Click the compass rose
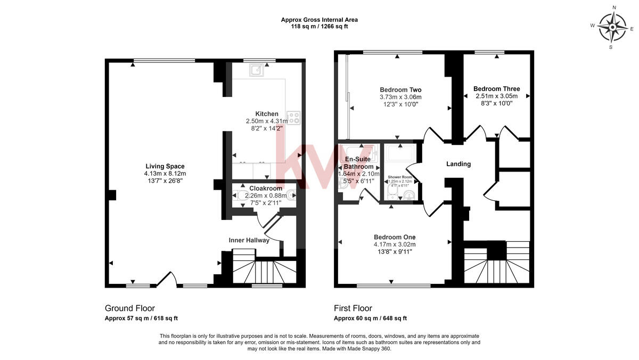click(612, 26)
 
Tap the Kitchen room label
click(267, 114)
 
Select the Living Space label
click(165, 166)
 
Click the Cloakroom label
click(265, 188)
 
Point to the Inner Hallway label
click(249, 240)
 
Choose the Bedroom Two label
click(400, 89)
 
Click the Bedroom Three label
click(496, 89)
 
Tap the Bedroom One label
click(395, 237)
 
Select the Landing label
click(458, 164)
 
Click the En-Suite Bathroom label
click(358, 163)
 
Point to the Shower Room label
click(400, 177)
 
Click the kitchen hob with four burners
click(293, 117)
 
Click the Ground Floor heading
click(130, 308)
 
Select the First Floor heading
click(353, 308)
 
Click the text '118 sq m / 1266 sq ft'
click(319, 26)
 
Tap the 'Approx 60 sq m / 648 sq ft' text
click(370, 318)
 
